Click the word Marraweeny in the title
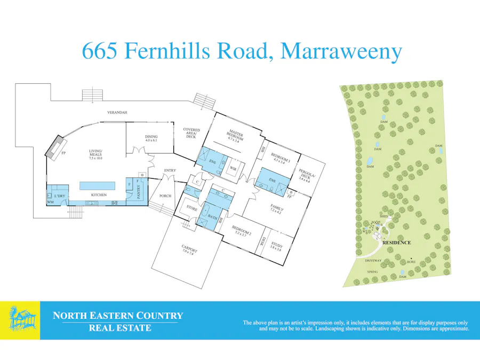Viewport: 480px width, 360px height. pos(341,52)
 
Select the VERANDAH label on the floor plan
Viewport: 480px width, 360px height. pos(117,113)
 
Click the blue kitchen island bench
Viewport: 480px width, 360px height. pos(98,186)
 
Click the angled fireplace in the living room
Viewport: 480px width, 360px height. pos(57,147)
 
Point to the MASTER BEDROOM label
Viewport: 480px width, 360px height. pos(236,134)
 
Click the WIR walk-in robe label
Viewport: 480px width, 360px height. pos(233,169)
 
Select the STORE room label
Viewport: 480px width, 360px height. pos(191,209)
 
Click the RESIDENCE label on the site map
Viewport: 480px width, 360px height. pos(397,243)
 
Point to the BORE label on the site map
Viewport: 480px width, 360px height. pos(411,262)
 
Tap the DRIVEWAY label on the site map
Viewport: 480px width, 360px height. pos(373,260)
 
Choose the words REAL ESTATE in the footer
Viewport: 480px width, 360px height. pos(119,328)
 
